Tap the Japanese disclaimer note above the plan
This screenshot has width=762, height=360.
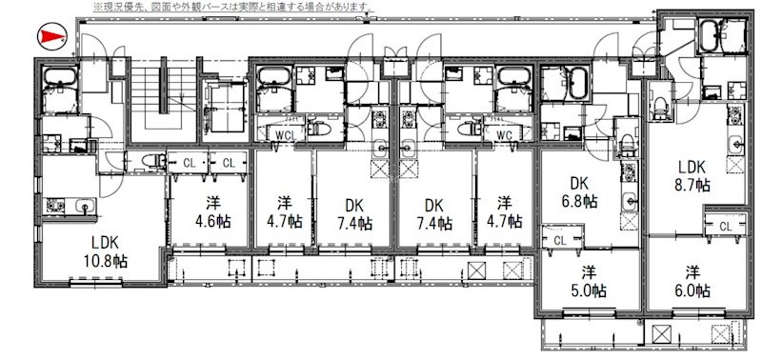(233, 7)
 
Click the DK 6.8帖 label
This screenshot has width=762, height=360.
(583, 191)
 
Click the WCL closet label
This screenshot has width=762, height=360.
(283, 134)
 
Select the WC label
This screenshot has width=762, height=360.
(504, 134)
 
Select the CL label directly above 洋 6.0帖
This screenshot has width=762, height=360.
(725, 226)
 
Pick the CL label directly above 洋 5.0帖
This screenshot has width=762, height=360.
(559, 240)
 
